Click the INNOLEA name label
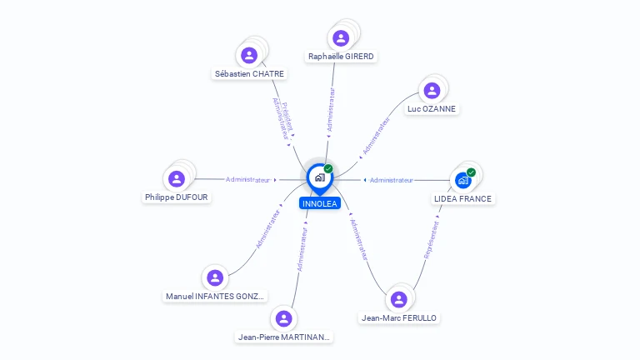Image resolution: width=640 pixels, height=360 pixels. [320, 202]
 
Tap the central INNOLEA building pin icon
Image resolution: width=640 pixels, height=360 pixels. [319, 177]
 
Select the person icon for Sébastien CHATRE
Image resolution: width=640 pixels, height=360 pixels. [249, 55]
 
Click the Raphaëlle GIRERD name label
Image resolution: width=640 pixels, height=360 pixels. [341, 57]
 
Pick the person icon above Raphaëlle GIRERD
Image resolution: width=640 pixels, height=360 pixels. [341, 37]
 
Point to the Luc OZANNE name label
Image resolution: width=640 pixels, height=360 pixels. [432, 108]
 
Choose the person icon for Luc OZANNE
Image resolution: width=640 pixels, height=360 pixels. [432, 90]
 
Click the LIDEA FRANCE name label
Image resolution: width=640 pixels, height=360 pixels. [463, 198]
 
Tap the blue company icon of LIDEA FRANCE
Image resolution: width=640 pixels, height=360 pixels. [463, 179]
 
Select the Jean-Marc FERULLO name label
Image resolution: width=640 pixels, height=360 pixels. [399, 317]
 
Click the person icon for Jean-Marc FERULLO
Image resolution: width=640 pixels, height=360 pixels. [399, 299]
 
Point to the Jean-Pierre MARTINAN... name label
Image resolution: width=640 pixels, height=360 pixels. [284, 337]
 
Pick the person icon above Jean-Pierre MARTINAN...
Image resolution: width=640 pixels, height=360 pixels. [284, 318]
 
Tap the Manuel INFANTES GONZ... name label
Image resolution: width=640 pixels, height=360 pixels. [215, 296]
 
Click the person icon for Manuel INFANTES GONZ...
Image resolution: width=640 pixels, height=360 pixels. [215, 277]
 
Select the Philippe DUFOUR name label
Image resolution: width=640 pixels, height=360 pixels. [176, 197]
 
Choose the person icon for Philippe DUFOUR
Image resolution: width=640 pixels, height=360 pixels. [176, 178]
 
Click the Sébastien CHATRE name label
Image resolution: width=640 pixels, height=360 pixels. [249, 73]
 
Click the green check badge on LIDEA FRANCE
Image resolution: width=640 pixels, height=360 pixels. [471, 172]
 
